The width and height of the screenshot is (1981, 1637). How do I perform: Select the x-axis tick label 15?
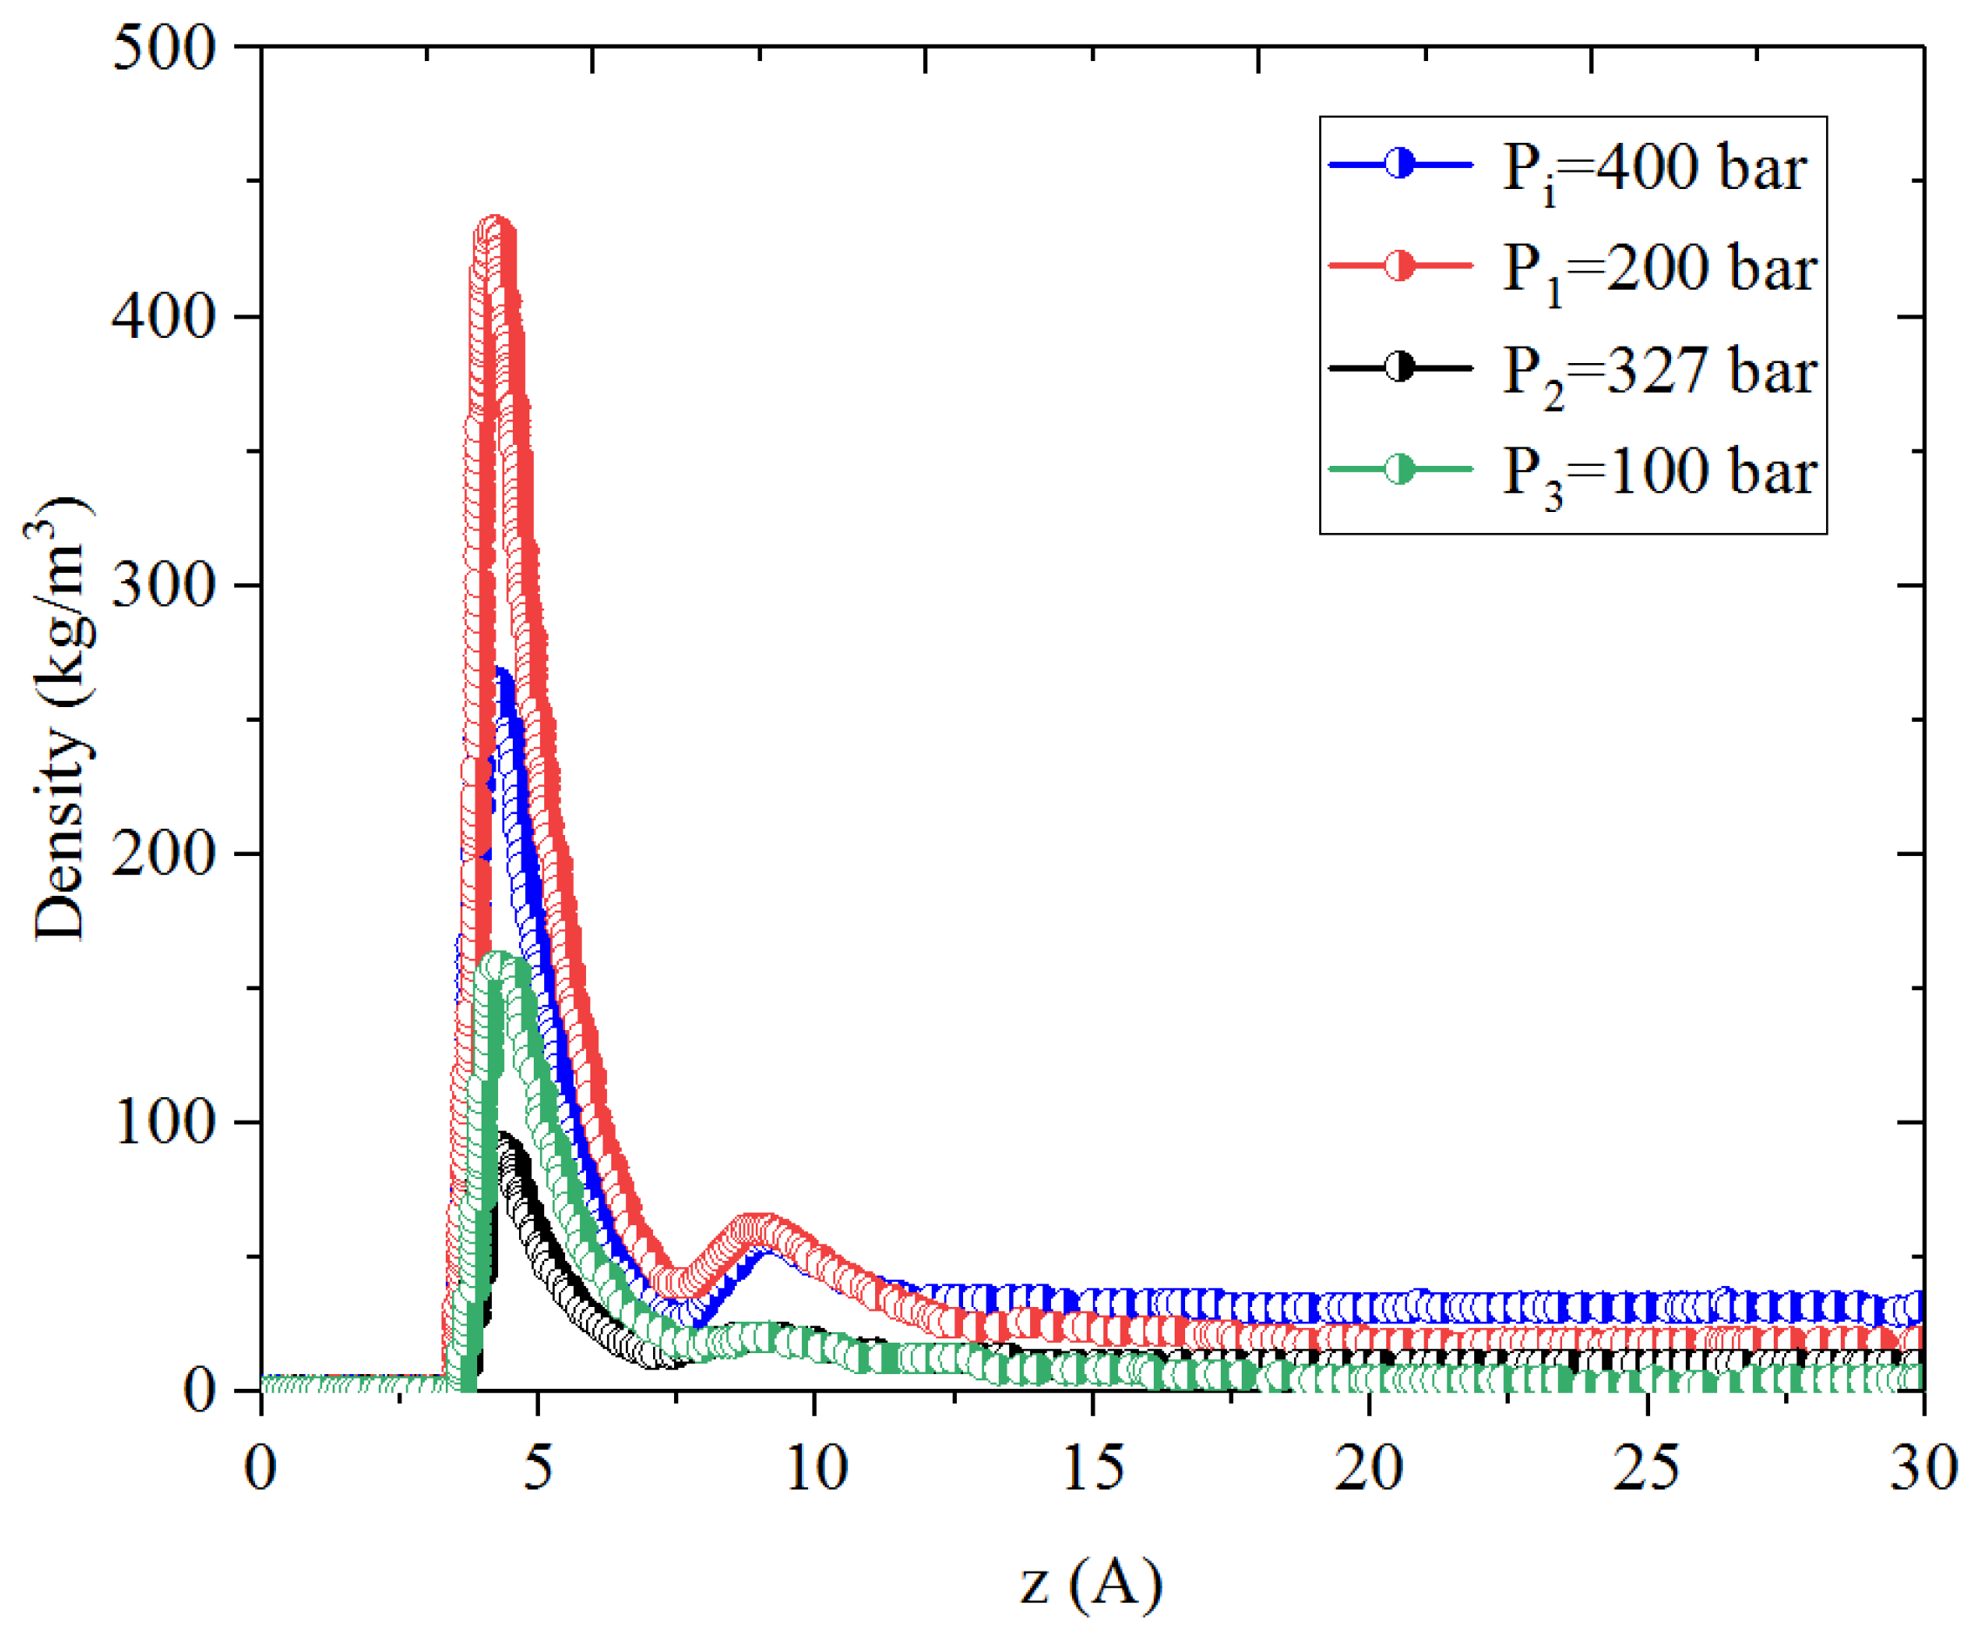click(x=1092, y=1469)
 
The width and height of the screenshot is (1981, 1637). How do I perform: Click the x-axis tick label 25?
click(x=1647, y=1469)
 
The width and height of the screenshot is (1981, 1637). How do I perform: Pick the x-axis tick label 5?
click(x=537, y=1469)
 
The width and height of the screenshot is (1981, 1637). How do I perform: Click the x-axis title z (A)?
click(x=1091, y=1582)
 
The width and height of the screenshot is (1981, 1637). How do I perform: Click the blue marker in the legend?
click(x=1400, y=164)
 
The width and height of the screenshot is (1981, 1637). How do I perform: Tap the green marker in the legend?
click(x=1400, y=468)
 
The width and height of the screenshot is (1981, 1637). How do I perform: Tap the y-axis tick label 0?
click(x=200, y=1391)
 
